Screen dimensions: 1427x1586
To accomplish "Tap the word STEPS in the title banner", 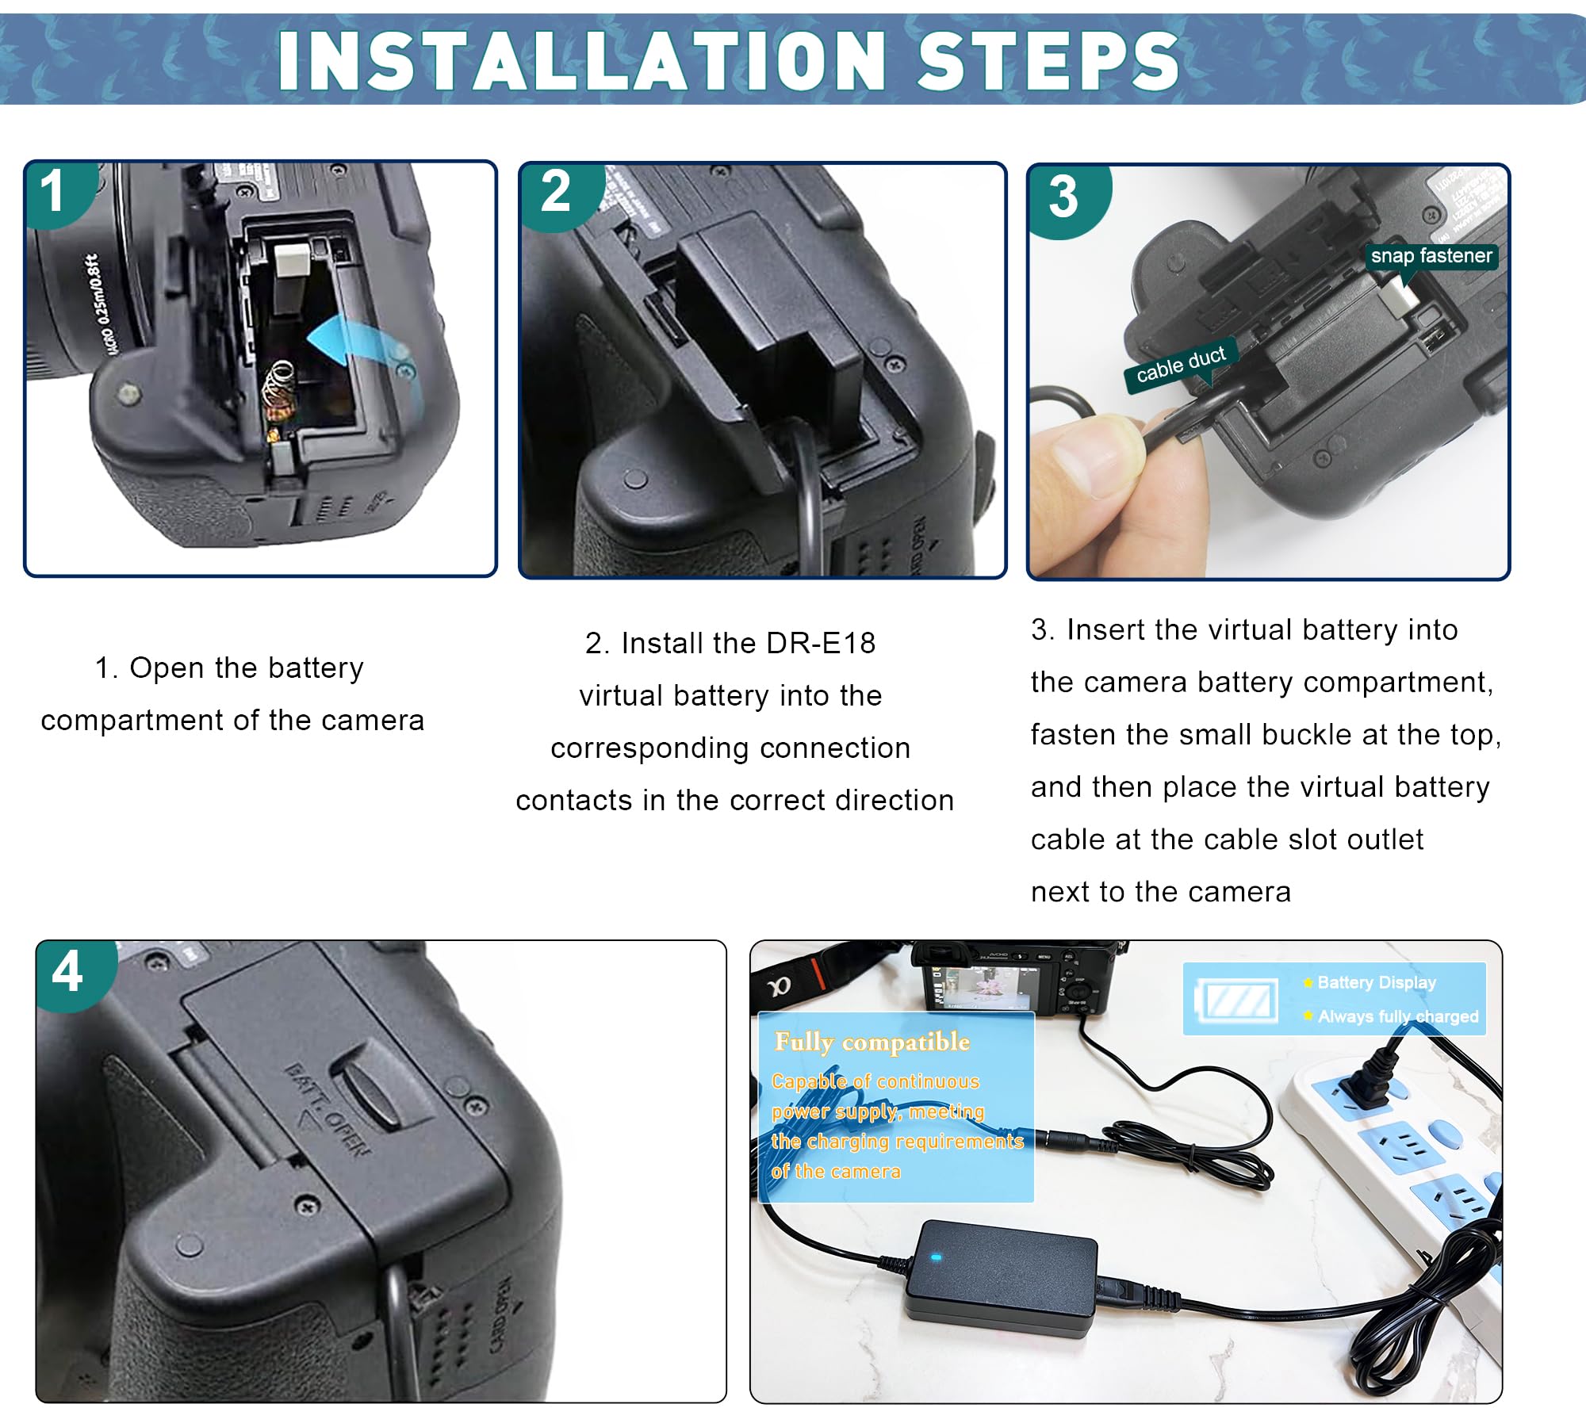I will coord(1048,62).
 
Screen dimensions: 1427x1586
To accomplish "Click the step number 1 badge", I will coord(52,192).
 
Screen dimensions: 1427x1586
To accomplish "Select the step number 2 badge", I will coord(555,192).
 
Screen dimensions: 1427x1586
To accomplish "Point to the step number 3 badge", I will coord(1063,197).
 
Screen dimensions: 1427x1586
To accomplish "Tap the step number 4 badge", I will coord(67,972).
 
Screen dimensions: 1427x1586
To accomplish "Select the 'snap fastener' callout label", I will coord(1431,256).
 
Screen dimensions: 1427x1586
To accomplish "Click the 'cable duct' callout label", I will coord(1180,365).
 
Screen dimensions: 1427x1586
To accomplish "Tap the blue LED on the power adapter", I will coord(936,1258).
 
